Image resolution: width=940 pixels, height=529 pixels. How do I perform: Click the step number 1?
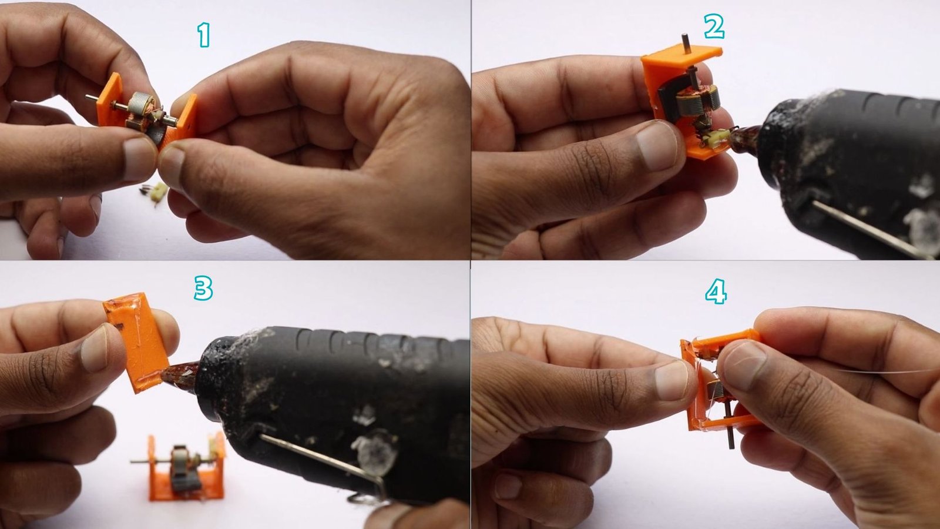[203, 36]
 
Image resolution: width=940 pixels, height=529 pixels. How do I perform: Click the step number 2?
[714, 27]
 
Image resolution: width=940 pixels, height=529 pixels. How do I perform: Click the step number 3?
[203, 289]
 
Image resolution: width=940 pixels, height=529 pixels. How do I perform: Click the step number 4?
[716, 292]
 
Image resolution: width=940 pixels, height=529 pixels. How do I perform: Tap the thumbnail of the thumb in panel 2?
[657, 145]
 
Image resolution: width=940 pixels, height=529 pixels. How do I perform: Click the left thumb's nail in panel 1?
[139, 159]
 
